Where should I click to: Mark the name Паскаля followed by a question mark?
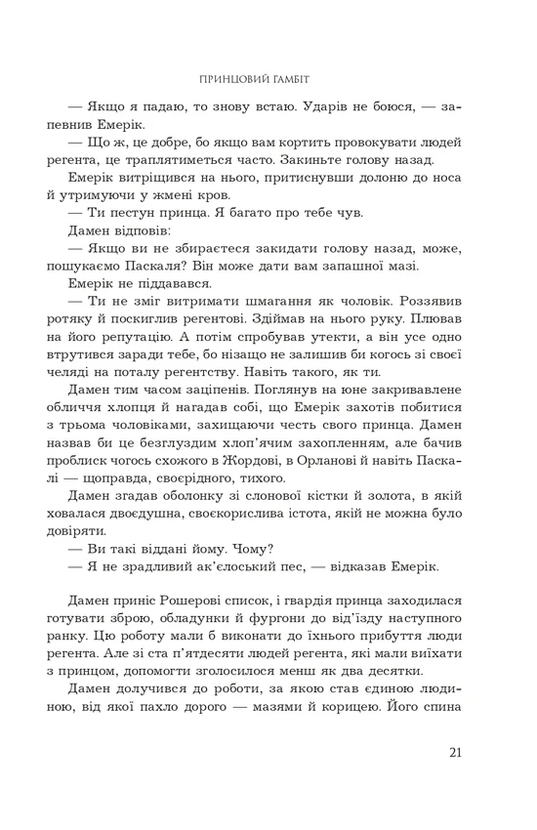(x=204, y=266)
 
